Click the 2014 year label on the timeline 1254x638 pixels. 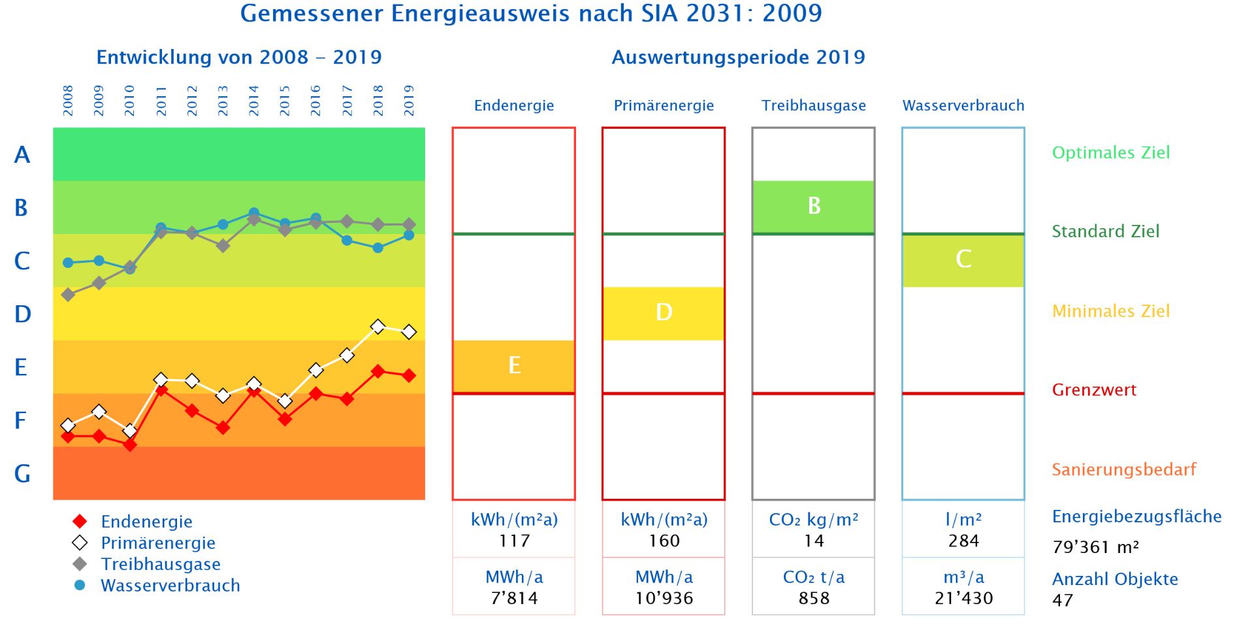point(253,101)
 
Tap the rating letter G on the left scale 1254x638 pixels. point(22,473)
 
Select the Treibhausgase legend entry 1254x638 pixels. point(160,564)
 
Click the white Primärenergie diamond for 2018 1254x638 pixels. point(378,326)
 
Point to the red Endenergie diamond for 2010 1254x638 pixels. point(130,445)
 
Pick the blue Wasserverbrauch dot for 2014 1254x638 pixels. point(254,213)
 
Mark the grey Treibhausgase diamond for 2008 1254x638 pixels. point(68,295)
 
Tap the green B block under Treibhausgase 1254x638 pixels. point(813,207)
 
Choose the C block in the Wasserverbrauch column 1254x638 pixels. point(963,260)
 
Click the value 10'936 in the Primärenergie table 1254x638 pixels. point(664,598)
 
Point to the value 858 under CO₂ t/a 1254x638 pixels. point(814,598)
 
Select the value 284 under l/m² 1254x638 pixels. point(963,541)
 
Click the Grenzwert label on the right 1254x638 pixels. point(1094,390)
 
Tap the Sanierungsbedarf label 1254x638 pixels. point(1123,469)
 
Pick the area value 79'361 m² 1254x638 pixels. point(1095,547)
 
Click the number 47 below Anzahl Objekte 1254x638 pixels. point(1063,600)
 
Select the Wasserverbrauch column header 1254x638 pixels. point(963,105)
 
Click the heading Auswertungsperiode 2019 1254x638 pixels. point(738,58)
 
